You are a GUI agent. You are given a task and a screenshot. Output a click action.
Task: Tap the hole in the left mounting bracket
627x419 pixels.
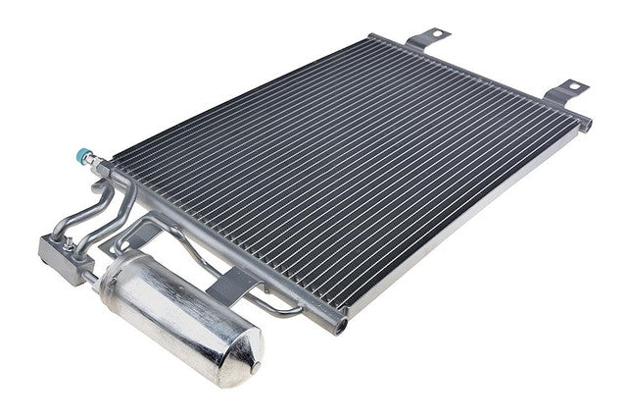coord(434,34)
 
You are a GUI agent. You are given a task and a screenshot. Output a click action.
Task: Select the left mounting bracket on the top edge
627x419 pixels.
coord(427,38)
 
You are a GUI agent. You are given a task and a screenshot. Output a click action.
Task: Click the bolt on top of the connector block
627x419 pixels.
coord(47,240)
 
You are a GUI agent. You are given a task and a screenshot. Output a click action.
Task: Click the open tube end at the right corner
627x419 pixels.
coord(586,125)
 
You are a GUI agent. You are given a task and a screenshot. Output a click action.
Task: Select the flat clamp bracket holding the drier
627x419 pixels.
coord(234,285)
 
